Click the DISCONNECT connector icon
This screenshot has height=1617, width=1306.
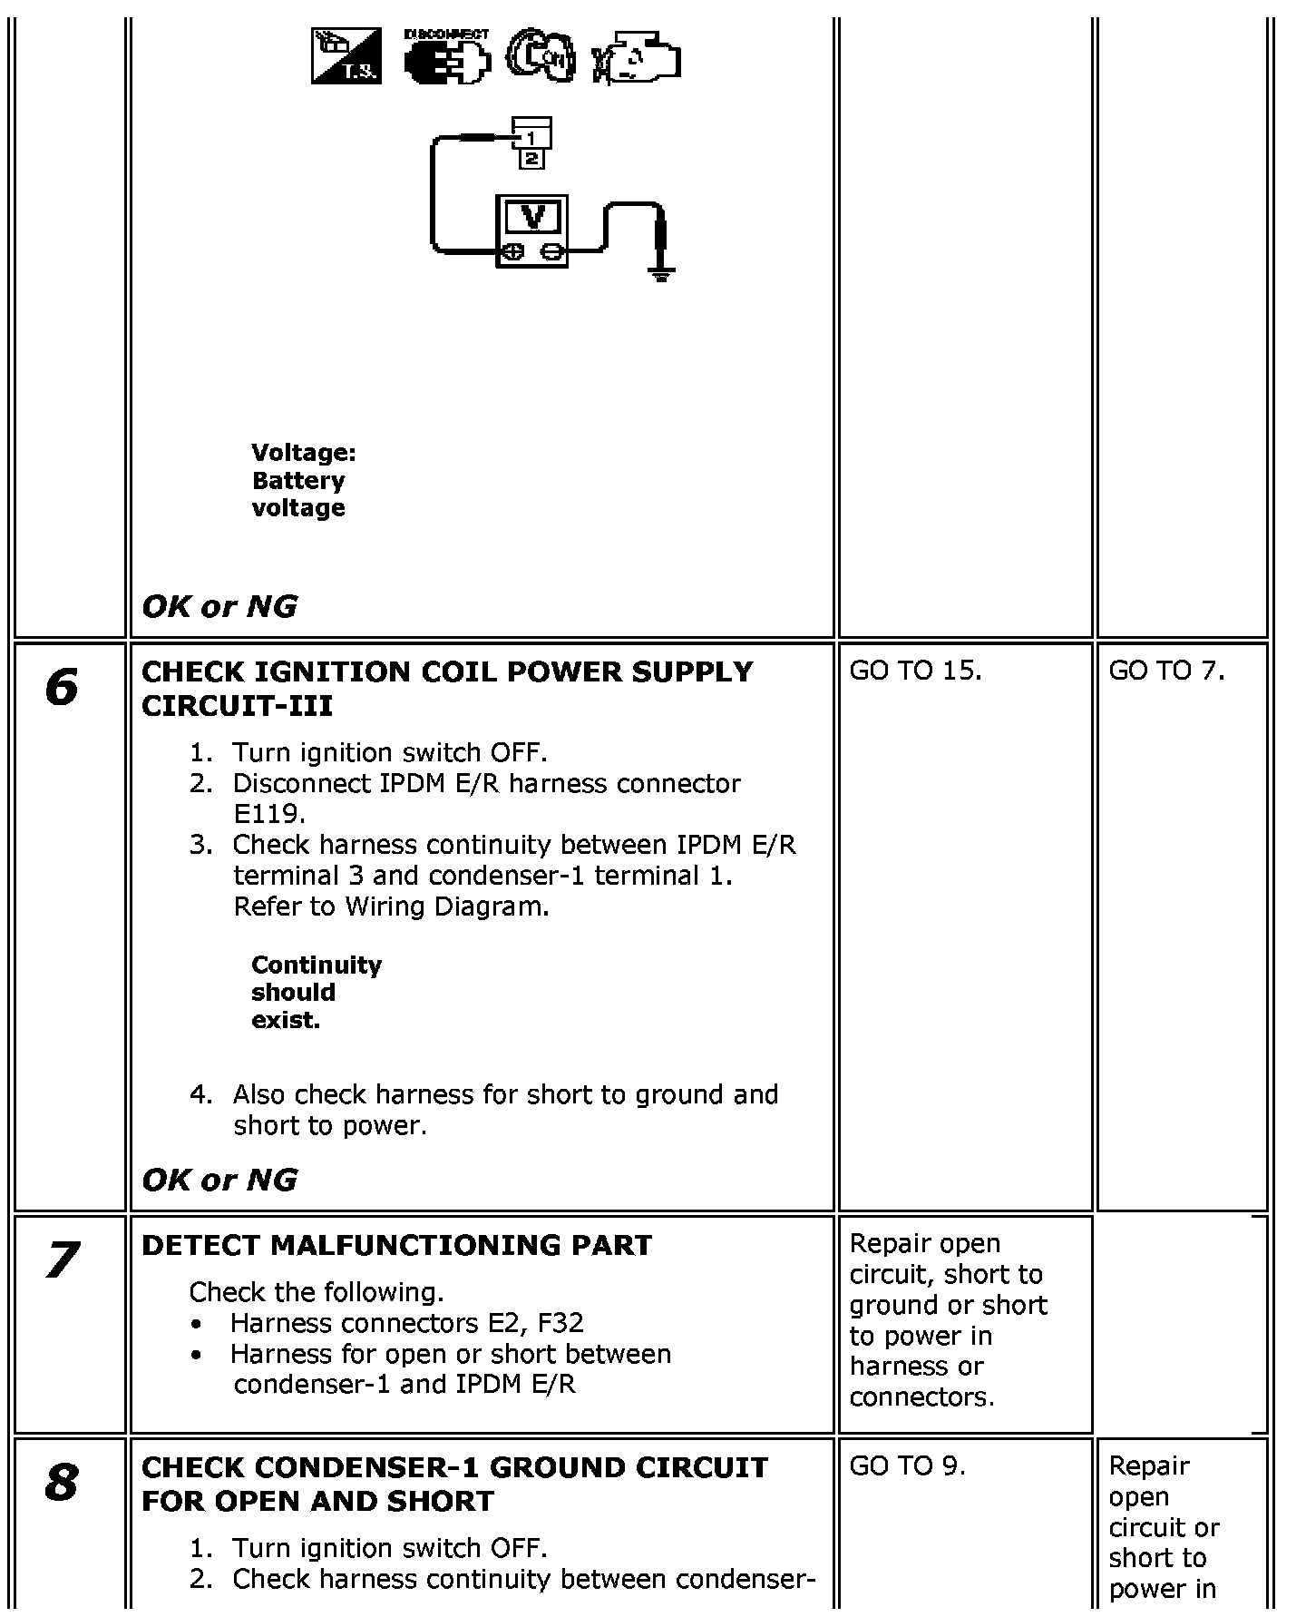(447, 58)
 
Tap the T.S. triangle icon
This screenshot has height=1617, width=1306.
(346, 56)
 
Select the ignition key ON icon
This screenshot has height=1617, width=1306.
(541, 57)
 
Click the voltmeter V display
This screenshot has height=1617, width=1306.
(532, 218)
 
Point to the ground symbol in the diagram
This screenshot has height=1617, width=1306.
(662, 273)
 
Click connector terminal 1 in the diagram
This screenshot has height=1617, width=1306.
(532, 137)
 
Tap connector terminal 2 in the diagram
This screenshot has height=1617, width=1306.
(531, 159)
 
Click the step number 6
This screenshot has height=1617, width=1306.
(62, 687)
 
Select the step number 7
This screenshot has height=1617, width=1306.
(62, 1259)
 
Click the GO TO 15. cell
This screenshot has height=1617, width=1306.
(915, 671)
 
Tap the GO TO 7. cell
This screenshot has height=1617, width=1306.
(1166, 671)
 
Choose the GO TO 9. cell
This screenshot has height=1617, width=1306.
(907, 1465)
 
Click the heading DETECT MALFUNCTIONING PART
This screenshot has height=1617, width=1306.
(396, 1245)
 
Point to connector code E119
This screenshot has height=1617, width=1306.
(268, 813)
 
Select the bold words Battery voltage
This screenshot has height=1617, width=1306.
(298, 494)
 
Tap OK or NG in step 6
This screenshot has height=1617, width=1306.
(219, 1180)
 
